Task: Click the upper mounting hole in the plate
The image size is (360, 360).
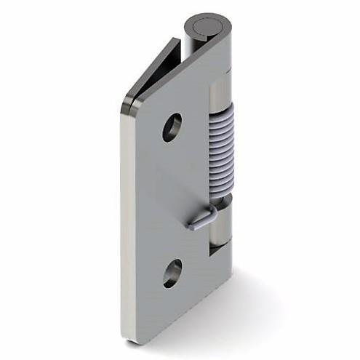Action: tap(172, 127)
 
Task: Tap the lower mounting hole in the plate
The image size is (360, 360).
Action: tap(172, 273)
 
